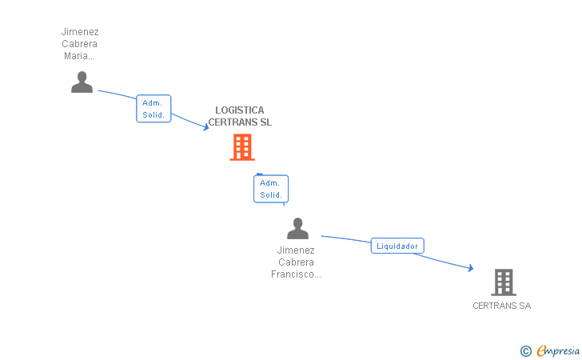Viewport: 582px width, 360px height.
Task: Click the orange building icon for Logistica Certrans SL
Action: (242, 147)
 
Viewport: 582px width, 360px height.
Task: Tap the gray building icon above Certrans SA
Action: (503, 282)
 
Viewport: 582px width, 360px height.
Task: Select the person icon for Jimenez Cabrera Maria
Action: (82, 82)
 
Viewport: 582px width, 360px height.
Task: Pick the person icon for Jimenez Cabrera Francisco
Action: (297, 229)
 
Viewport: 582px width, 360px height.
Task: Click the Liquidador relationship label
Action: (397, 246)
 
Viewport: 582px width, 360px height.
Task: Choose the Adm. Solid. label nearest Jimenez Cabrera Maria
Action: (153, 109)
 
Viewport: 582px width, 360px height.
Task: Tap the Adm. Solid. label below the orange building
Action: (271, 189)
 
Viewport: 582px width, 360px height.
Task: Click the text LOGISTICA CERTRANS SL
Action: (240, 117)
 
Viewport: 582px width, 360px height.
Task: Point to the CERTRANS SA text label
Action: (501, 306)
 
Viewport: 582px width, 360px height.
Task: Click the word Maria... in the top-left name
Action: (79, 56)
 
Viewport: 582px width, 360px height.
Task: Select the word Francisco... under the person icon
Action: (296, 274)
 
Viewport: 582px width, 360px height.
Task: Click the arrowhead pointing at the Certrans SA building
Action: (470, 269)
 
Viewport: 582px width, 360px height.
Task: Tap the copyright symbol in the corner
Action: (525, 350)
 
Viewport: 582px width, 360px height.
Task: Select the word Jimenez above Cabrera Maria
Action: (79, 32)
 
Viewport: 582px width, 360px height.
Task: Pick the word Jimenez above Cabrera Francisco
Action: (296, 250)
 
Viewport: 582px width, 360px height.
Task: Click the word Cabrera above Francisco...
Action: (296, 262)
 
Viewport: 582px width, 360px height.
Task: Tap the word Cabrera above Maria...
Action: (79, 44)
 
